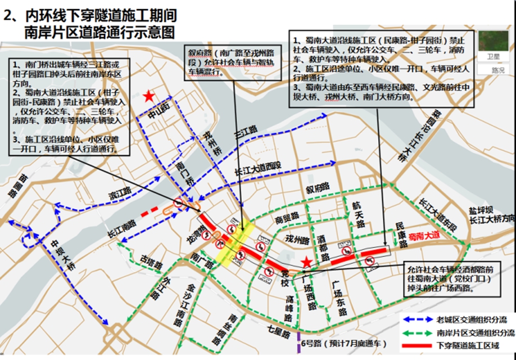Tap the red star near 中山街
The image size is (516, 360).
(148, 97)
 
